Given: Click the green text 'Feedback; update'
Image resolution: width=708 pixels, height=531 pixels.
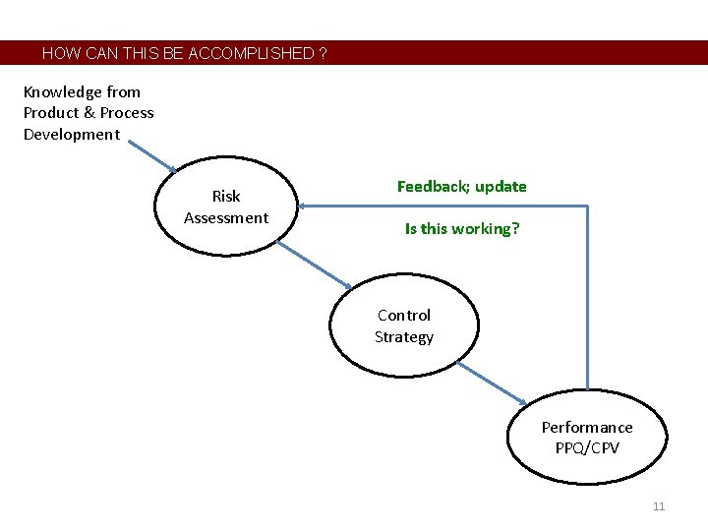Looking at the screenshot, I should [461, 186].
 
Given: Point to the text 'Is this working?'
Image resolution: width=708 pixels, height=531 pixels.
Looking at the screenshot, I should [462, 228].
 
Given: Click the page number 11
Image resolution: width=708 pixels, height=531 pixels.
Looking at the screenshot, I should [659, 506].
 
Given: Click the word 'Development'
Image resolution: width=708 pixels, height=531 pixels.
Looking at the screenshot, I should [72, 134].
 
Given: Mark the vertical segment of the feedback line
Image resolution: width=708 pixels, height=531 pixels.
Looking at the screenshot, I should [587, 295].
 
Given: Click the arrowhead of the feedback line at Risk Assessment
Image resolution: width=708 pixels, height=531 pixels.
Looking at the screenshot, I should [303, 206].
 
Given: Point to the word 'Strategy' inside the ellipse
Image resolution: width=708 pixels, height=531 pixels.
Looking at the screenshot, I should [403, 336].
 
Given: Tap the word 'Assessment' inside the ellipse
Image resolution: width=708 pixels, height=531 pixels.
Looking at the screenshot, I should [225, 217].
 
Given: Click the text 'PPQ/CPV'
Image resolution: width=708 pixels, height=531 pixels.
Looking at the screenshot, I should [587, 447].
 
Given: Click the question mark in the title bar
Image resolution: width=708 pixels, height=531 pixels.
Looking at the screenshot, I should [324, 53].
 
